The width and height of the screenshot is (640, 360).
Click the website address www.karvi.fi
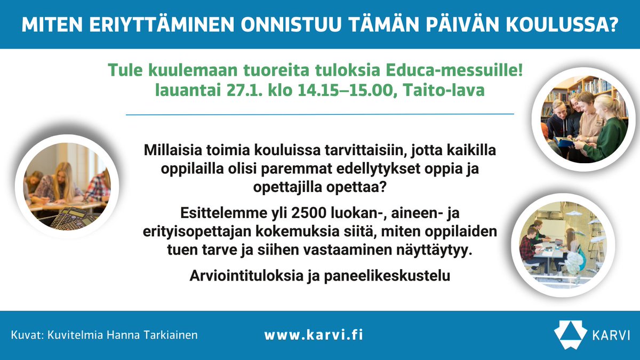click(x=314, y=335)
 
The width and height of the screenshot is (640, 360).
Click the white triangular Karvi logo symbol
click(x=570, y=334)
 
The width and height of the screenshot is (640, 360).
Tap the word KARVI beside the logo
click(x=611, y=335)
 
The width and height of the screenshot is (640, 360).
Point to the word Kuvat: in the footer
click(x=26, y=335)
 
